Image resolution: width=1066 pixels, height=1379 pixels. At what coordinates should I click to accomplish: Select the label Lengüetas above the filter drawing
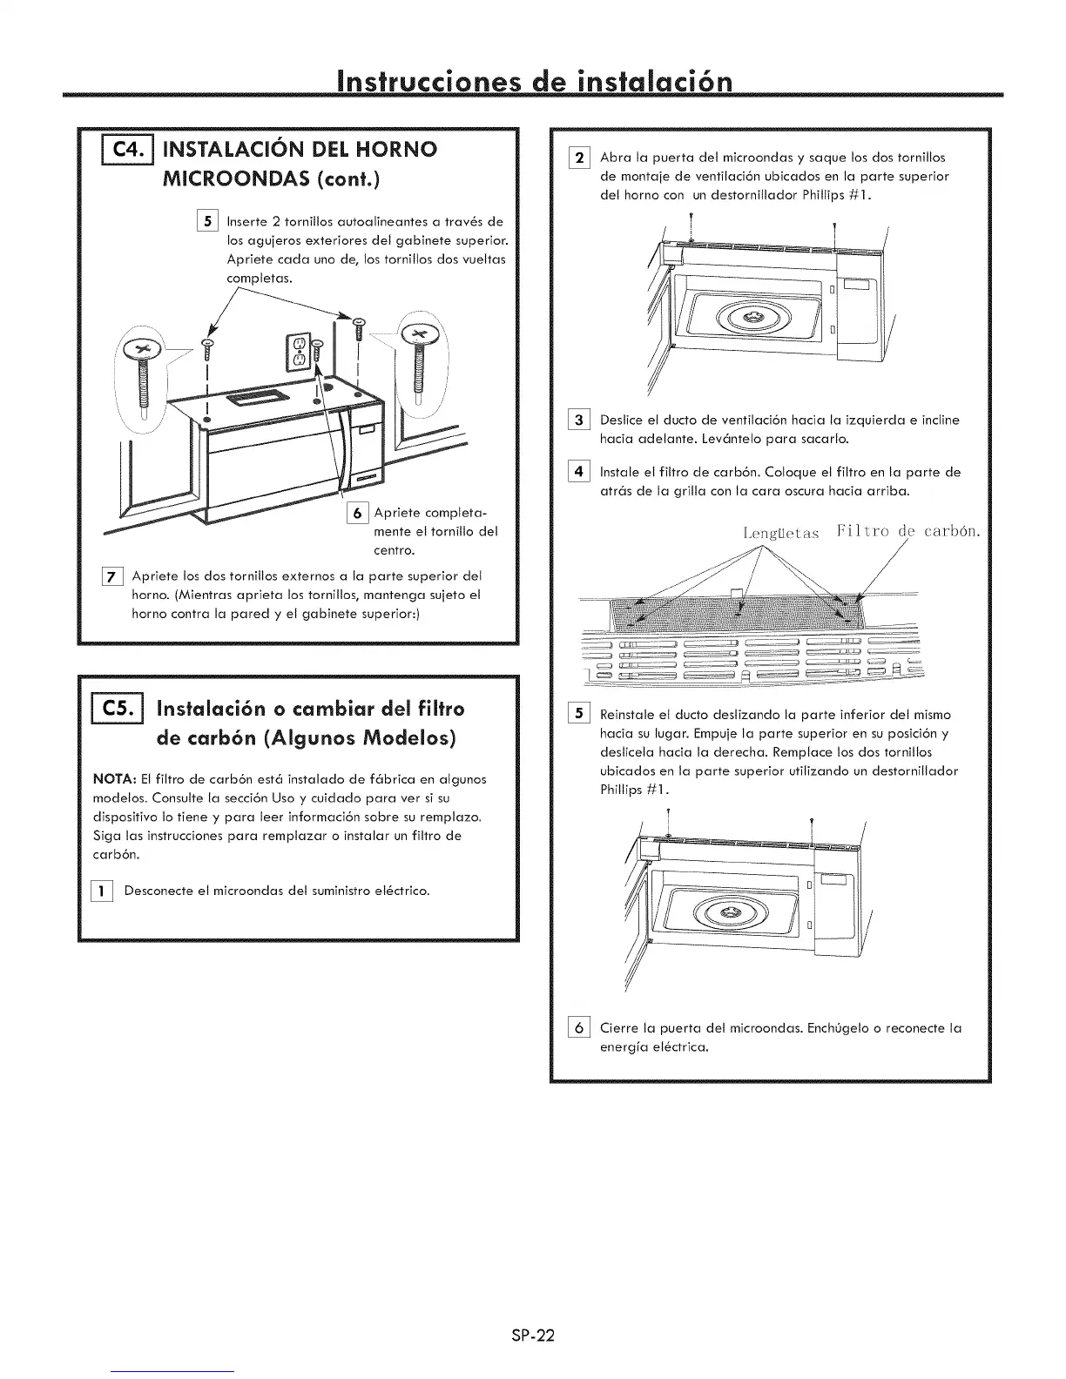click(781, 533)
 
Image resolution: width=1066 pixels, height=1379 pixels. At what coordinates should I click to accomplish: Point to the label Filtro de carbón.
click(906, 531)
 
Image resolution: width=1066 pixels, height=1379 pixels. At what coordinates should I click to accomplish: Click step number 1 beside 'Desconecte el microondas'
click(103, 891)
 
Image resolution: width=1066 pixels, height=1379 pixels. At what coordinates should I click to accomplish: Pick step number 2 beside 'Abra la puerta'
click(578, 158)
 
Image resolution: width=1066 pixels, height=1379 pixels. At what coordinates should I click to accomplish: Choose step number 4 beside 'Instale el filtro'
click(578, 473)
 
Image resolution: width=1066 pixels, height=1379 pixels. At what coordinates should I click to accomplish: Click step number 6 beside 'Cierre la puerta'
click(578, 1028)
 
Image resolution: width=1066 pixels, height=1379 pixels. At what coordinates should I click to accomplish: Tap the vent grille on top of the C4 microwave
click(251, 400)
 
